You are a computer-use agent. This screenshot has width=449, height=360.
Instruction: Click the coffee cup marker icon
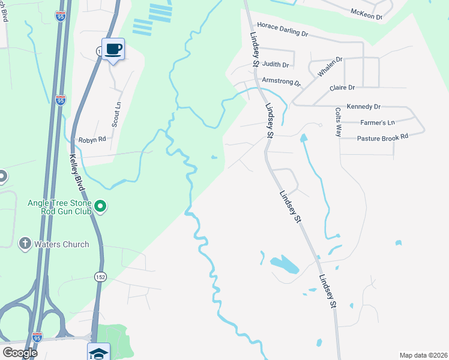coord(113,49)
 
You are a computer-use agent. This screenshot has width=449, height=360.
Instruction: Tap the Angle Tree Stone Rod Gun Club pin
coord(101,207)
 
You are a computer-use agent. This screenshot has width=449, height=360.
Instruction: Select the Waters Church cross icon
coord(25,244)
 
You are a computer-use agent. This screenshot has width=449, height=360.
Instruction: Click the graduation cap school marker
coord(98,352)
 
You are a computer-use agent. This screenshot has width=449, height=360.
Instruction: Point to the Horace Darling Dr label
coord(282,30)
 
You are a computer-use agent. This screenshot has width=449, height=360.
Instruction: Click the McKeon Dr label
coord(366,14)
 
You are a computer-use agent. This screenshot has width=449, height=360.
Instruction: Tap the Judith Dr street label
coord(276,65)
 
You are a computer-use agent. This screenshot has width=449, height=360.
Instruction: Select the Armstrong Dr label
coord(282,81)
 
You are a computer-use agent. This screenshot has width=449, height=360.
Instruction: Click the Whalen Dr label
coord(330,66)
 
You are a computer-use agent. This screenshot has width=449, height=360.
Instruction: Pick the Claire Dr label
coord(342,88)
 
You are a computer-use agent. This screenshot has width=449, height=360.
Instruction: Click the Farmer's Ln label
coord(377,122)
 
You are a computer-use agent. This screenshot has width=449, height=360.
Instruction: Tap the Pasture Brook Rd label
coord(382,137)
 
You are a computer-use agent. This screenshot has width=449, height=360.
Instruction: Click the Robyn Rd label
coord(92,139)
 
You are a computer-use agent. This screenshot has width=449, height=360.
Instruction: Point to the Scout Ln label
coord(116,113)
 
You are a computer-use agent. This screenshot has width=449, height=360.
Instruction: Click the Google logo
coord(20,353)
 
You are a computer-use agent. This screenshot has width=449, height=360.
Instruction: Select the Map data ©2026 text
coord(423,355)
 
